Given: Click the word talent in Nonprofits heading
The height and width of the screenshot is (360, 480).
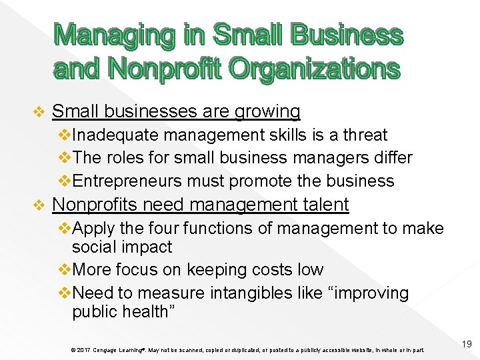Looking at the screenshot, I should tap(322, 205).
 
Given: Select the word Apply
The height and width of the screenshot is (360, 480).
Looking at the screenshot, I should tap(93, 229).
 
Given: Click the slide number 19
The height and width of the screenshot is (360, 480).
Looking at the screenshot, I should tap(467, 344).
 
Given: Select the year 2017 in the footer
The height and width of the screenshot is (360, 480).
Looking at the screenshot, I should tap(82, 350).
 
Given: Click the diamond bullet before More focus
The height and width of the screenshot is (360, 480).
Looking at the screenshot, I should tap(65, 270).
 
